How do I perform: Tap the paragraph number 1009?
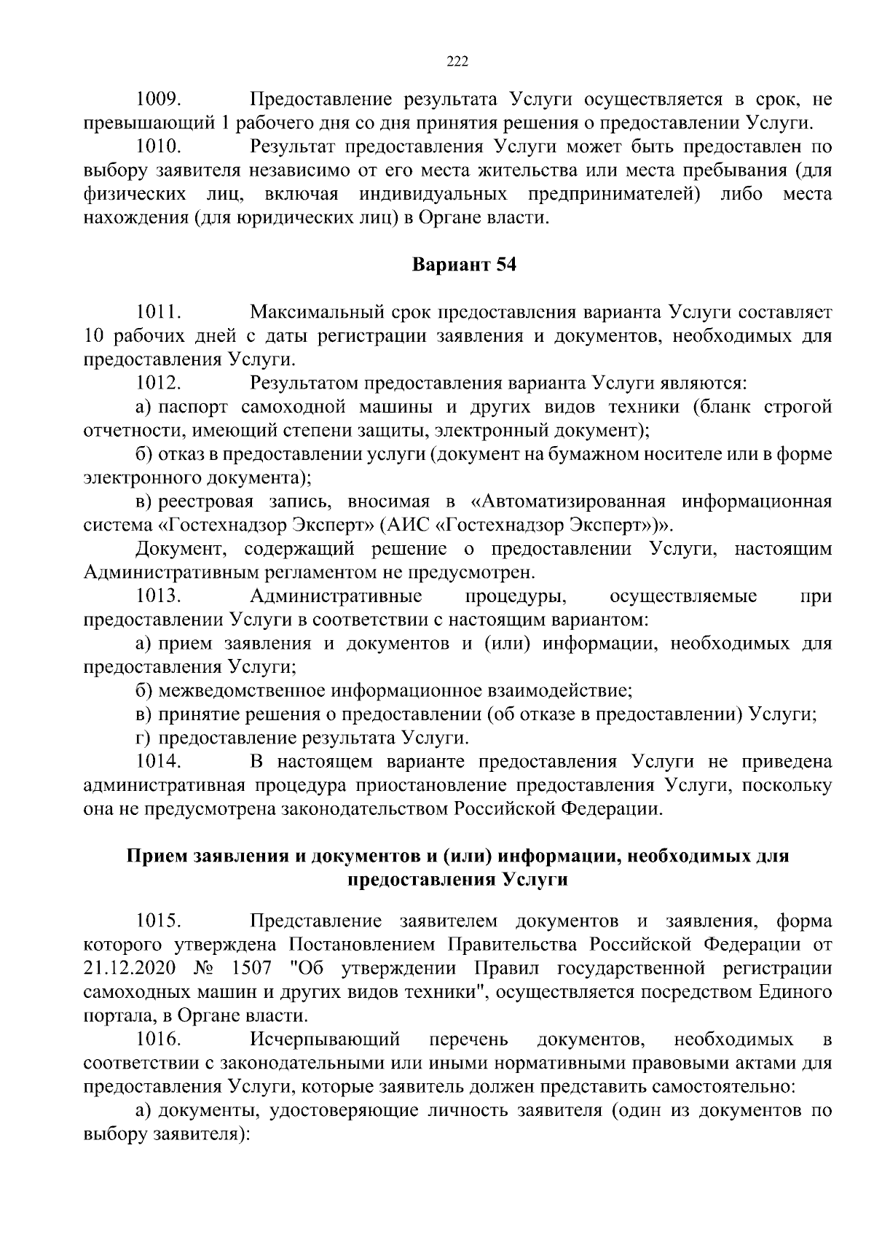(x=158, y=98)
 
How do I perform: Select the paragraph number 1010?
(x=158, y=147)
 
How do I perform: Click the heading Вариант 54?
(x=464, y=265)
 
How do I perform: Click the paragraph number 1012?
(x=158, y=383)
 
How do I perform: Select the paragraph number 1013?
(x=158, y=596)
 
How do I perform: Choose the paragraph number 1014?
(x=158, y=762)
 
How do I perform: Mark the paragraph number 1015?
(x=158, y=921)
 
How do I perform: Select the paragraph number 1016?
(x=158, y=1039)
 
